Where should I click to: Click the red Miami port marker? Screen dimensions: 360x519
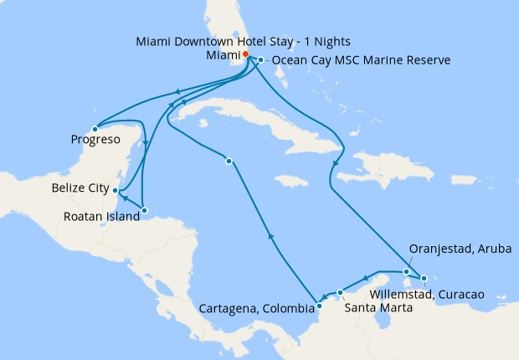point(245,54)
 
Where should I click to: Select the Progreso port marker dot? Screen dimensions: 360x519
point(95,129)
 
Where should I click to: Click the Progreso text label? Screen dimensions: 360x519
point(94,140)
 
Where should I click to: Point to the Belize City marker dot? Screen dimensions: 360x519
point(116,190)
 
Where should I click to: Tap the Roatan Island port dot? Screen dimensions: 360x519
point(144,210)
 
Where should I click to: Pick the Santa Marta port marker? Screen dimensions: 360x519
point(340,292)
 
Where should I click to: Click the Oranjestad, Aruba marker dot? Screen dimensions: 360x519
point(406,271)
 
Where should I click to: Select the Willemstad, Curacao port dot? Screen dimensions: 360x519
point(424,278)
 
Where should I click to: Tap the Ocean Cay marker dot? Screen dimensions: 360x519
point(261,60)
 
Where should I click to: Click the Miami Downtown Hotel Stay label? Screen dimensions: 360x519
point(244,41)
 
